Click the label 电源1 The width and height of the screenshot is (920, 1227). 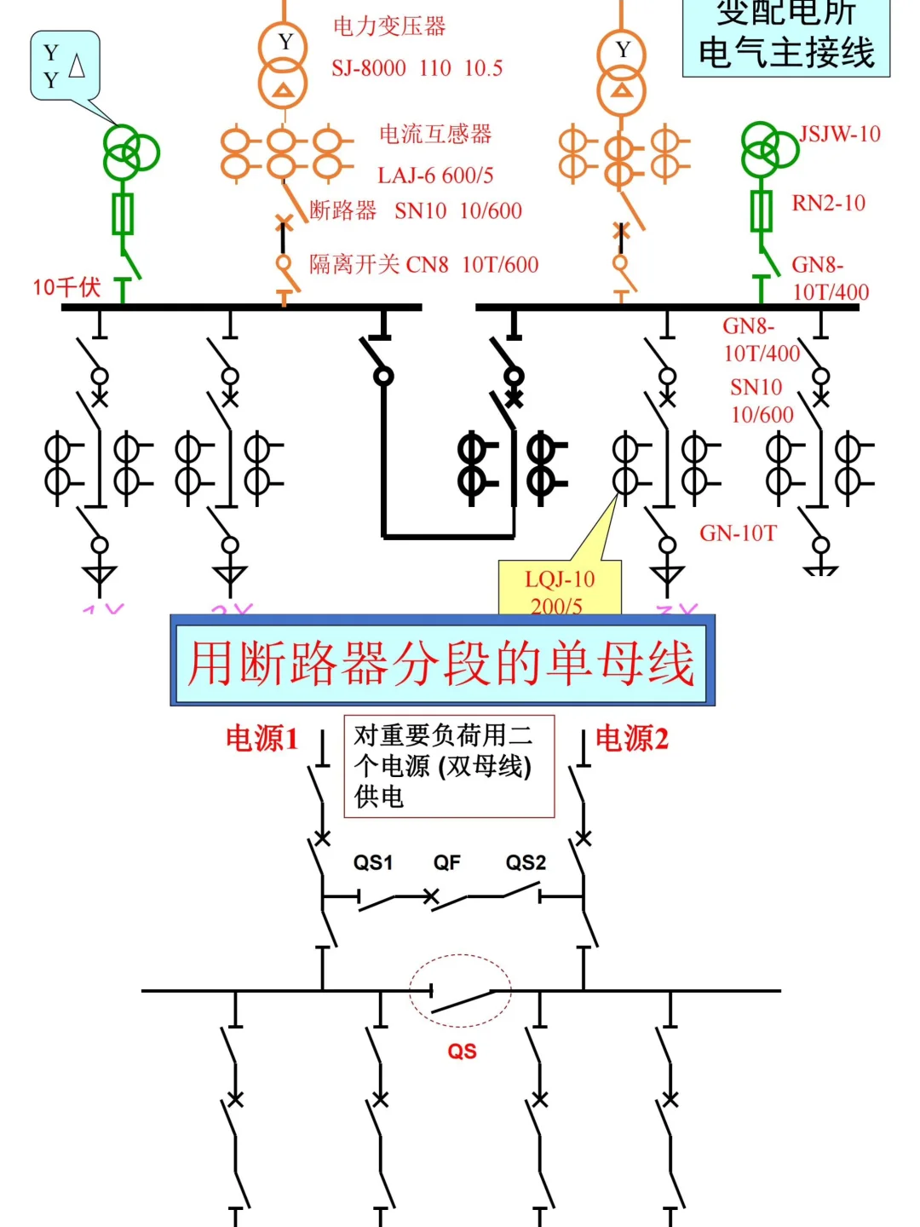click(x=262, y=739)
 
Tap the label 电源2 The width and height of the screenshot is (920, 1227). click(x=632, y=739)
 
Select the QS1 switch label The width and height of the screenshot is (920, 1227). click(x=373, y=862)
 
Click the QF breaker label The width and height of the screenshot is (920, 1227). click(x=446, y=862)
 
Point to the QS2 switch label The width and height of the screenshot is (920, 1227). click(x=526, y=862)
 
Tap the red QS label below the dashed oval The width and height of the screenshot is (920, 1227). click(x=462, y=1051)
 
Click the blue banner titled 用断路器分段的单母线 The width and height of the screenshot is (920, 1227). click(x=442, y=662)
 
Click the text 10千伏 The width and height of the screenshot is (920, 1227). click(x=66, y=287)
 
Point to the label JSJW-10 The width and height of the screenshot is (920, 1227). click(x=840, y=134)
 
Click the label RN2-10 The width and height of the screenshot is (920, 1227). click(x=828, y=203)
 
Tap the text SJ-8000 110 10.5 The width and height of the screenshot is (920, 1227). click(x=417, y=68)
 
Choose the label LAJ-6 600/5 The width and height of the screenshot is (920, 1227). click(x=435, y=176)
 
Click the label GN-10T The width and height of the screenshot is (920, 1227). click(x=738, y=533)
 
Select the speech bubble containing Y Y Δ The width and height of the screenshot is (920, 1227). click(x=65, y=66)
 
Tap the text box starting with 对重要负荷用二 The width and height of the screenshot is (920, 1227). click(x=449, y=766)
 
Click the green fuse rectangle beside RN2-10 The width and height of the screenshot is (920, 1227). click(x=761, y=210)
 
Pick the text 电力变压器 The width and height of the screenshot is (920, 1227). click(x=389, y=26)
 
